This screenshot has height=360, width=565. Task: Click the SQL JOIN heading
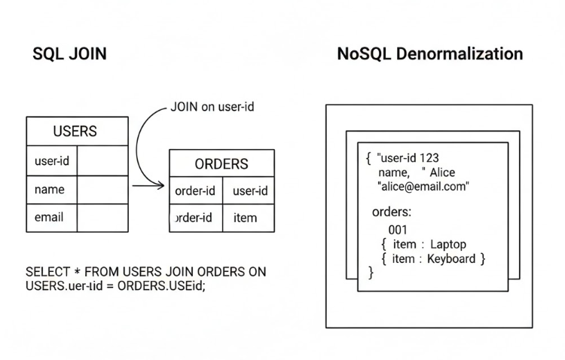point(69,54)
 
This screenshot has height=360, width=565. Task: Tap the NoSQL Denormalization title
point(430,54)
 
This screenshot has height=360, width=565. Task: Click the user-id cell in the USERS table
point(51,160)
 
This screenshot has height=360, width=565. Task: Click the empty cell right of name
point(102,189)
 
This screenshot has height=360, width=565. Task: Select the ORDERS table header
point(221,163)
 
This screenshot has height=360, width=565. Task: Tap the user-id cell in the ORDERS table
point(250,191)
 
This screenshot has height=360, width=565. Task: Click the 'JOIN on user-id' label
point(212,107)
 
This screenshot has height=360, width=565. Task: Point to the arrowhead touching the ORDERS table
point(162,185)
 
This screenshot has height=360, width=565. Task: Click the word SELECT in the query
point(47,271)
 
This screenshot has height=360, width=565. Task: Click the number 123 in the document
point(429,158)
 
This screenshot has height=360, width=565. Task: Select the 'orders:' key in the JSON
point(392,212)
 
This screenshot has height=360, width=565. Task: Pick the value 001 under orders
point(398,230)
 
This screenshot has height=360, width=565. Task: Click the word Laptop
point(447,245)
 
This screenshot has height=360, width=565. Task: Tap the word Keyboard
point(451,259)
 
